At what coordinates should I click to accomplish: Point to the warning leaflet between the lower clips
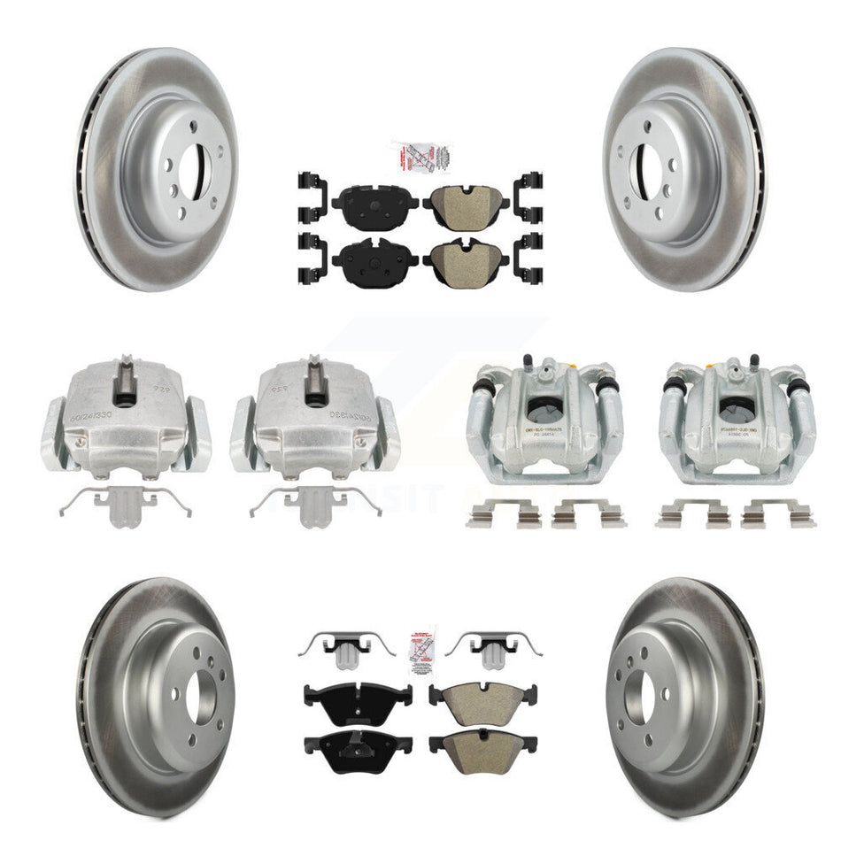421,653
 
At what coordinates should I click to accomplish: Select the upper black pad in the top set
375,203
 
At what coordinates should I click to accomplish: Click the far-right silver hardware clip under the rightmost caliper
778,513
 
